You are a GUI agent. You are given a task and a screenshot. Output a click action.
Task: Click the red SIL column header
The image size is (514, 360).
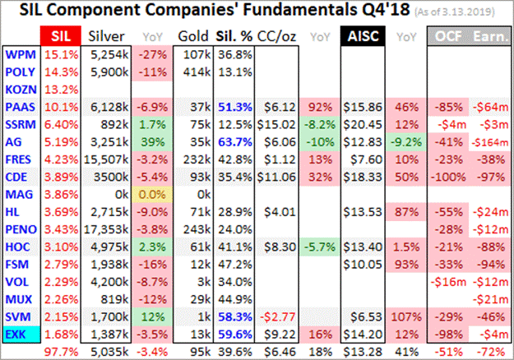59,37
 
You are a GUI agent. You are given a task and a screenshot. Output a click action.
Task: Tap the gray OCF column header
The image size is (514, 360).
448,37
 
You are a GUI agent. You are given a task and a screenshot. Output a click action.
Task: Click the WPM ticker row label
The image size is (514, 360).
20,54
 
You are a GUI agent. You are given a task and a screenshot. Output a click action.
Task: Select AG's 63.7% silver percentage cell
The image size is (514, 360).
233,142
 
